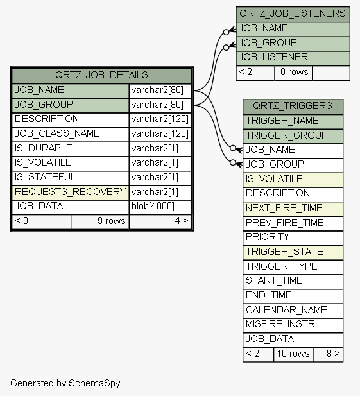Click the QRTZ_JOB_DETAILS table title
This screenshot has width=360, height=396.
point(101,75)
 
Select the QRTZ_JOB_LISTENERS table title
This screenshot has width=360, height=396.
point(293,14)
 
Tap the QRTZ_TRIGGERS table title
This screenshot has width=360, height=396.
point(293,107)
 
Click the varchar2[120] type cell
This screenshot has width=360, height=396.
point(160,119)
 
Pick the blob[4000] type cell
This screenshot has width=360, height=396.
point(160,207)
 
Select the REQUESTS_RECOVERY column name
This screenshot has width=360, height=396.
point(71,193)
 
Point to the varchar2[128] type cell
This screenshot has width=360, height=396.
point(160,134)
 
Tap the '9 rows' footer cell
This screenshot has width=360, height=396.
point(100,221)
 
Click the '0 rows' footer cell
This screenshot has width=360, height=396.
point(293,73)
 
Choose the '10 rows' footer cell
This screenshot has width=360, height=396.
point(293,354)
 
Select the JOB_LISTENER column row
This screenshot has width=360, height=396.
point(293,58)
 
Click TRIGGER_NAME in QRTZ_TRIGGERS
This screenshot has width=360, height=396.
point(293,121)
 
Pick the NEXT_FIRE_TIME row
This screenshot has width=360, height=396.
point(293,209)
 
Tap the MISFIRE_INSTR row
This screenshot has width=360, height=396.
point(293,325)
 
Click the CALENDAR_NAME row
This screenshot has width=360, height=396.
point(293,311)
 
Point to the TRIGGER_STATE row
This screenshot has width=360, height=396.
point(293,252)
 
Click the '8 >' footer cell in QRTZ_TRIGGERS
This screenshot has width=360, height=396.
point(328,354)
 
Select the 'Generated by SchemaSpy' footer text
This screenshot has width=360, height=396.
point(65,383)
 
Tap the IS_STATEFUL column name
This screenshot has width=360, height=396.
point(71,178)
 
